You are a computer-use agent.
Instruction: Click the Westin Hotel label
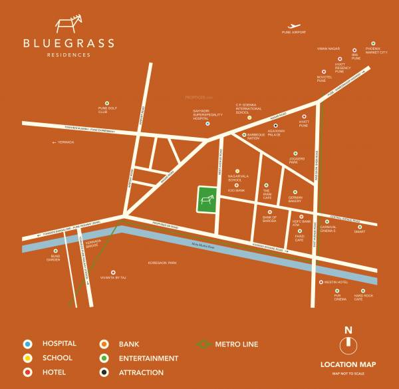[336, 282]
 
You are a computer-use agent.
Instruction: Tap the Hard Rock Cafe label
[363, 299]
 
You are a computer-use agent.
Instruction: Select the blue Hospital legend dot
[27, 344]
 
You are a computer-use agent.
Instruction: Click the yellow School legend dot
[27, 358]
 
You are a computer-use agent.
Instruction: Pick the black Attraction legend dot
[104, 373]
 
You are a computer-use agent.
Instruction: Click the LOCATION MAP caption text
[348, 364]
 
